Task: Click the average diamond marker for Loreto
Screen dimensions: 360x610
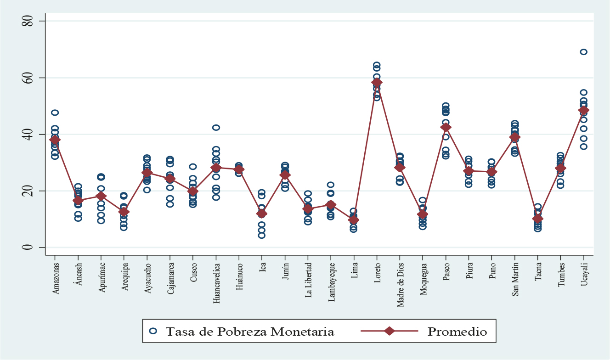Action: tap(377, 83)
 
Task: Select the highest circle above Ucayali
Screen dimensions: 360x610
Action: tap(583, 52)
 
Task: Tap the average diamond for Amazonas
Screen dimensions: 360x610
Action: tap(55, 140)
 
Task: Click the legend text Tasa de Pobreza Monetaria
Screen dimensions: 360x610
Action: tap(249, 331)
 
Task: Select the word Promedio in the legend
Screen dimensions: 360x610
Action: tap(457, 331)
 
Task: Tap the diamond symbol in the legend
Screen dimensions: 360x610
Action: tap(389, 331)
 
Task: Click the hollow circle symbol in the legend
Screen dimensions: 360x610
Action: tap(154, 331)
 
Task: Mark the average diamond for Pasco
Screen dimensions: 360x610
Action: tap(446, 127)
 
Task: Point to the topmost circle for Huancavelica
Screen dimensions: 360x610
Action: tap(216, 127)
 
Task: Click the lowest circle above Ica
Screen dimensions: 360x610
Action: tap(262, 235)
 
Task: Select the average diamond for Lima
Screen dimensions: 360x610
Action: tap(354, 220)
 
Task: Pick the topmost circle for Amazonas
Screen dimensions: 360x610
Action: tap(55, 112)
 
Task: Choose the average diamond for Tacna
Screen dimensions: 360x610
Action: tap(537, 219)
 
